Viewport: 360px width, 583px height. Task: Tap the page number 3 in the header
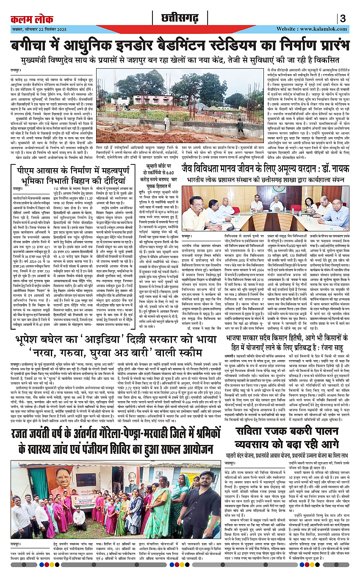[x=343, y=19]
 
